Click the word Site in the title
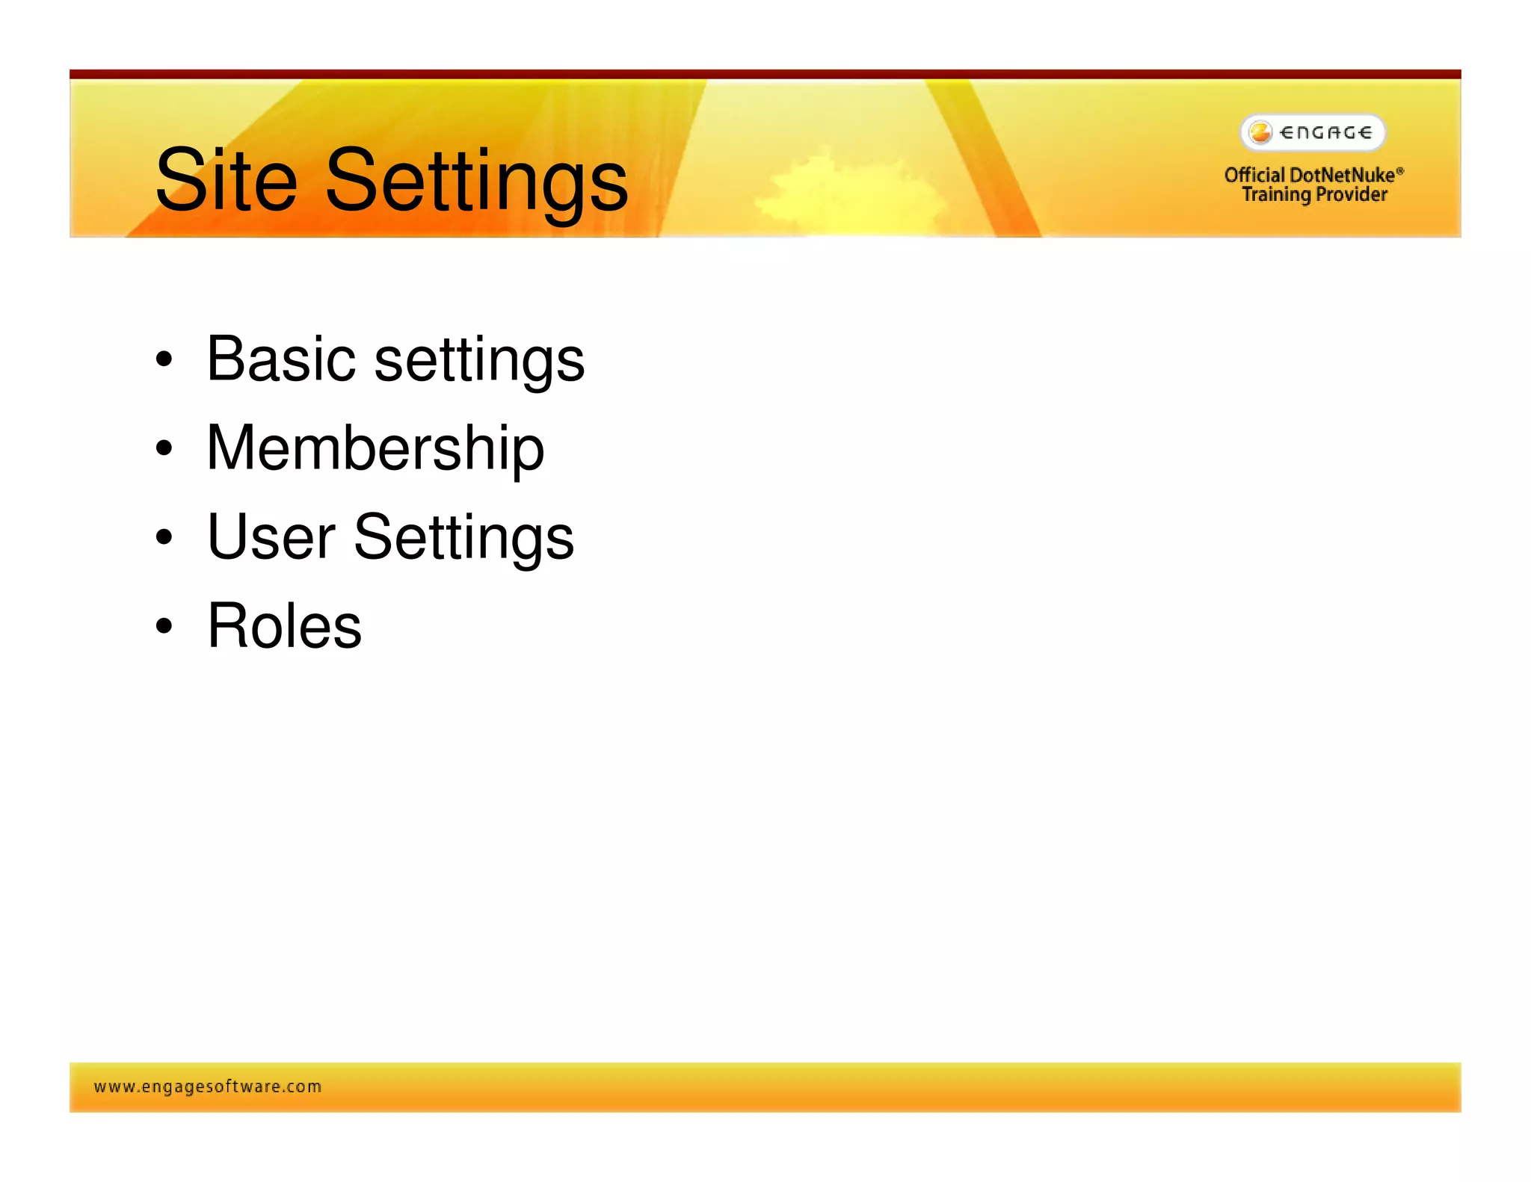(x=226, y=181)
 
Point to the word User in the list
(x=271, y=536)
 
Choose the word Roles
(x=284, y=626)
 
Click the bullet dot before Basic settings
(x=164, y=360)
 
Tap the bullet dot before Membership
(x=164, y=449)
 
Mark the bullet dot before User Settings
(x=164, y=537)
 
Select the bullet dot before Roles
(x=164, y=626)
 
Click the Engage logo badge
(x=1313, y=133)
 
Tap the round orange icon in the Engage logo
(x=1260, y=133)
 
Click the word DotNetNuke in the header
(x=1342, y=176)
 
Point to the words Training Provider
(x=1314, y=195)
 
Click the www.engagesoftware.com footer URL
(x=208, y=1086)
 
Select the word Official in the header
(x=1254, y=176)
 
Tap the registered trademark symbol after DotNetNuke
(x=1400, y=171)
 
